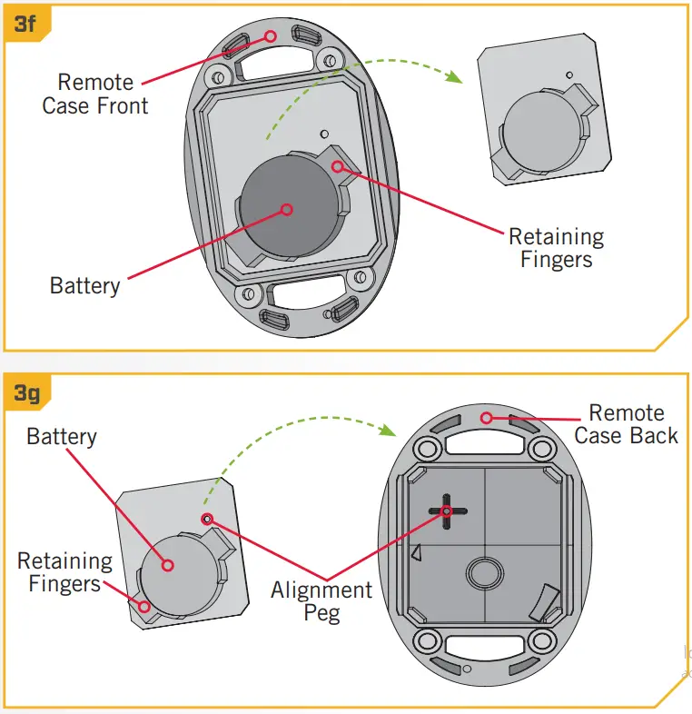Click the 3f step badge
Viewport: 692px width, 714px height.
pyautogui.click(x=25, y=23)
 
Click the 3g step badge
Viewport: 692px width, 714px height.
pyautogui.click(x=25, y=393)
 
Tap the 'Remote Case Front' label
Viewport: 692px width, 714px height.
pyautogui.click(x=95, y=94)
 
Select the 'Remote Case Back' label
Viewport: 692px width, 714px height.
pyautogui.click(x=626, y=424)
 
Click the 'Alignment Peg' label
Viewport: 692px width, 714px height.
pyautogui.click(x=321, y=601)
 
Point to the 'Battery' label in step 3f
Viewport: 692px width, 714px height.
pyautogui.click(x=84, y=286)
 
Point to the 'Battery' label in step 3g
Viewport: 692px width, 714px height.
pyautogui.click(x=61, y=437)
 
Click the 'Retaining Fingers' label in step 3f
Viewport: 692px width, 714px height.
pyautogui.click(x=556, y=248)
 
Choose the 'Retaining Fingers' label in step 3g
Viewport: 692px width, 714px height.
pyautogui.click(x=64, y=572)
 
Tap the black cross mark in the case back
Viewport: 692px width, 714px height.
pyautogui.click(x=447, y=511)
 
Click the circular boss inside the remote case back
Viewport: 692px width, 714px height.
pyautogui.click(x=483, y=574)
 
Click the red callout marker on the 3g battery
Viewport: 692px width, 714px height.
pyautogui.click(x=167, y=565)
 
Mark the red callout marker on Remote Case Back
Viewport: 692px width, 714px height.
pyautogui.click(x=487, y=418)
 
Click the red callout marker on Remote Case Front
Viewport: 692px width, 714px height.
pyautogui.click(x=270, y=35)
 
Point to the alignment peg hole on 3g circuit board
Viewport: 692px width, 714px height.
pyautogui.click(x=207, y=518)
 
